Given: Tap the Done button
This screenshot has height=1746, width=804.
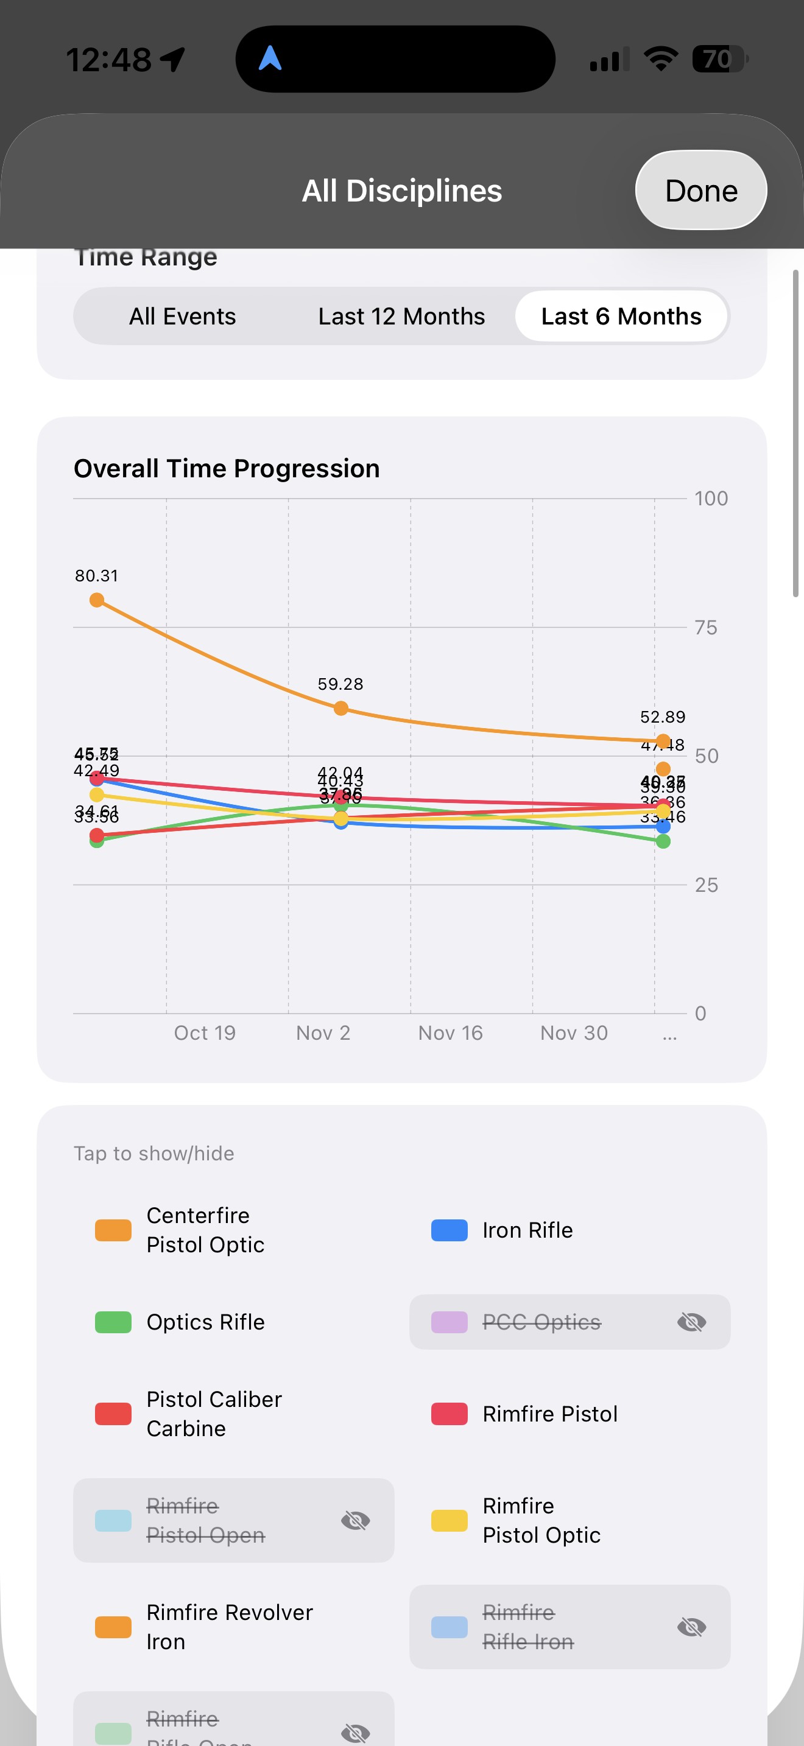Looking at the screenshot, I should click(x=700, y=191).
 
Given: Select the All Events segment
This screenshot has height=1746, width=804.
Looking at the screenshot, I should click(x=182, y=317).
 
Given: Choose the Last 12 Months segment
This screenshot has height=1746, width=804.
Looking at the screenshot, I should click(x=401, y=317).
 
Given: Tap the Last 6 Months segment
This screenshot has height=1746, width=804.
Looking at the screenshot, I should click(x=620, y=317).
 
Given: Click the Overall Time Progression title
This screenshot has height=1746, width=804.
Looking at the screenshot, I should click(x=227, y=468).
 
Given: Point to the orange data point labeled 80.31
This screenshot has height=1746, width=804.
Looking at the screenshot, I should click(x=97, y=600).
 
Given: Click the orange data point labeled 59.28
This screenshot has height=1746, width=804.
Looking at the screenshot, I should click(x=341, y=708).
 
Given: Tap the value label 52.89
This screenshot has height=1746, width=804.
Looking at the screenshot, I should click(x=662, y=717).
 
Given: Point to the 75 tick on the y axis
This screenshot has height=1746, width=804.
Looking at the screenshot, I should click(x=706, y=628).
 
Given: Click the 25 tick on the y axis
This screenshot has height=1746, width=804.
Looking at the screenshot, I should click(x=706, y=885).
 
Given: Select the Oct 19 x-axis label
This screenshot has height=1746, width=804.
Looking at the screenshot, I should click(x=205, y=1033).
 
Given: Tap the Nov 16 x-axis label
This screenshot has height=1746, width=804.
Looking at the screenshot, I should click(x=450, y=1033).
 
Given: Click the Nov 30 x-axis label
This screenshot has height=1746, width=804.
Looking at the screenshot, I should click(x=574, y=1033).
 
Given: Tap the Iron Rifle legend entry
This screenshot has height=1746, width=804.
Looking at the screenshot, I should click(x=527, y=1230).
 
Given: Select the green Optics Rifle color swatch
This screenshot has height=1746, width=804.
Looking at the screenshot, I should click(x=113, y=1322).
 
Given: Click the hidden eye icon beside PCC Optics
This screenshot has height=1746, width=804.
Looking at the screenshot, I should click(x=691, y=1322).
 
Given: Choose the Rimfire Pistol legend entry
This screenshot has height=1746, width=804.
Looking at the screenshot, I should click(x=550, y=1414).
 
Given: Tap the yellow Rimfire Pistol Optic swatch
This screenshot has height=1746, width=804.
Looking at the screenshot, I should click(x=450, y=1520).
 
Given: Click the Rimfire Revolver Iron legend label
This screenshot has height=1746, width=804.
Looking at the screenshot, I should click(x=229, y=1627).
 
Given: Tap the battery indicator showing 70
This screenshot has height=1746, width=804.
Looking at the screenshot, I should click(x=719, y=59).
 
